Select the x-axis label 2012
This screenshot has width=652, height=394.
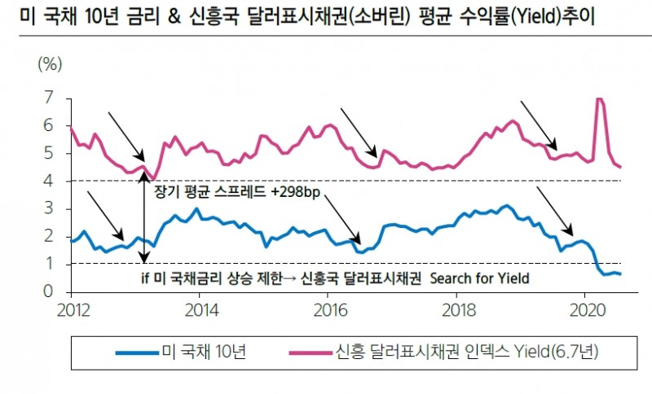point(72,310)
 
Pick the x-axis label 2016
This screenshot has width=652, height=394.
point(330,310)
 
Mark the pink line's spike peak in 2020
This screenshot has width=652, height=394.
point(600,99)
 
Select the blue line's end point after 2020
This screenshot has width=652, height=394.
point(621,274)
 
